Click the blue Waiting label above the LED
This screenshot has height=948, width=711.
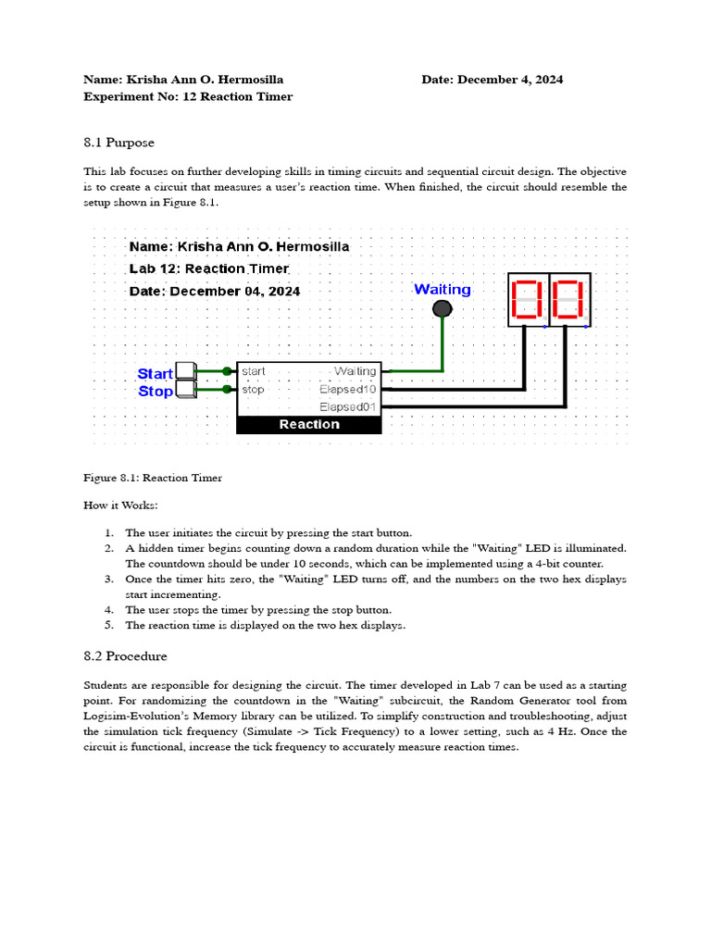(442, 290)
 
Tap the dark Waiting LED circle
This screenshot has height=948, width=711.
(443, 308)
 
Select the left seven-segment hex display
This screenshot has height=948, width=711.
(528, 300)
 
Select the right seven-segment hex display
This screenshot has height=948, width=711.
(568, 300)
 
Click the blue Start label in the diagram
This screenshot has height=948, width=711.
(155, 374)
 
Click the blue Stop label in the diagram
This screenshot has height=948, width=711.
(155, 392)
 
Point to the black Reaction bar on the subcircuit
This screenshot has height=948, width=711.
(309, 425)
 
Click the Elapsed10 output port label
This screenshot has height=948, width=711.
(348, 390)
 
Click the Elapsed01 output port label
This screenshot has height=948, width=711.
(348, 407)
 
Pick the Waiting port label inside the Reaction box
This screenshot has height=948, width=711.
(355, 371)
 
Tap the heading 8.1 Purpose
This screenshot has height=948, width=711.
(118, 143)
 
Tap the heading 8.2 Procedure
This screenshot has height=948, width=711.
(125, 656)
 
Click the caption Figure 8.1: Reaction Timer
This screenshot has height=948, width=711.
(153, 478)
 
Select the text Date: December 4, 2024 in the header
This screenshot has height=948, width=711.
(492, 80)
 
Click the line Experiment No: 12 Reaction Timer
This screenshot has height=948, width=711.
(188, 96)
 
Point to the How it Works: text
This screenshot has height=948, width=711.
(120, 505)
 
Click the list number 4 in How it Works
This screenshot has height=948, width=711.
(108, 610)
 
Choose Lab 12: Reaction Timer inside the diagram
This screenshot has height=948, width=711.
(209, 269)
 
